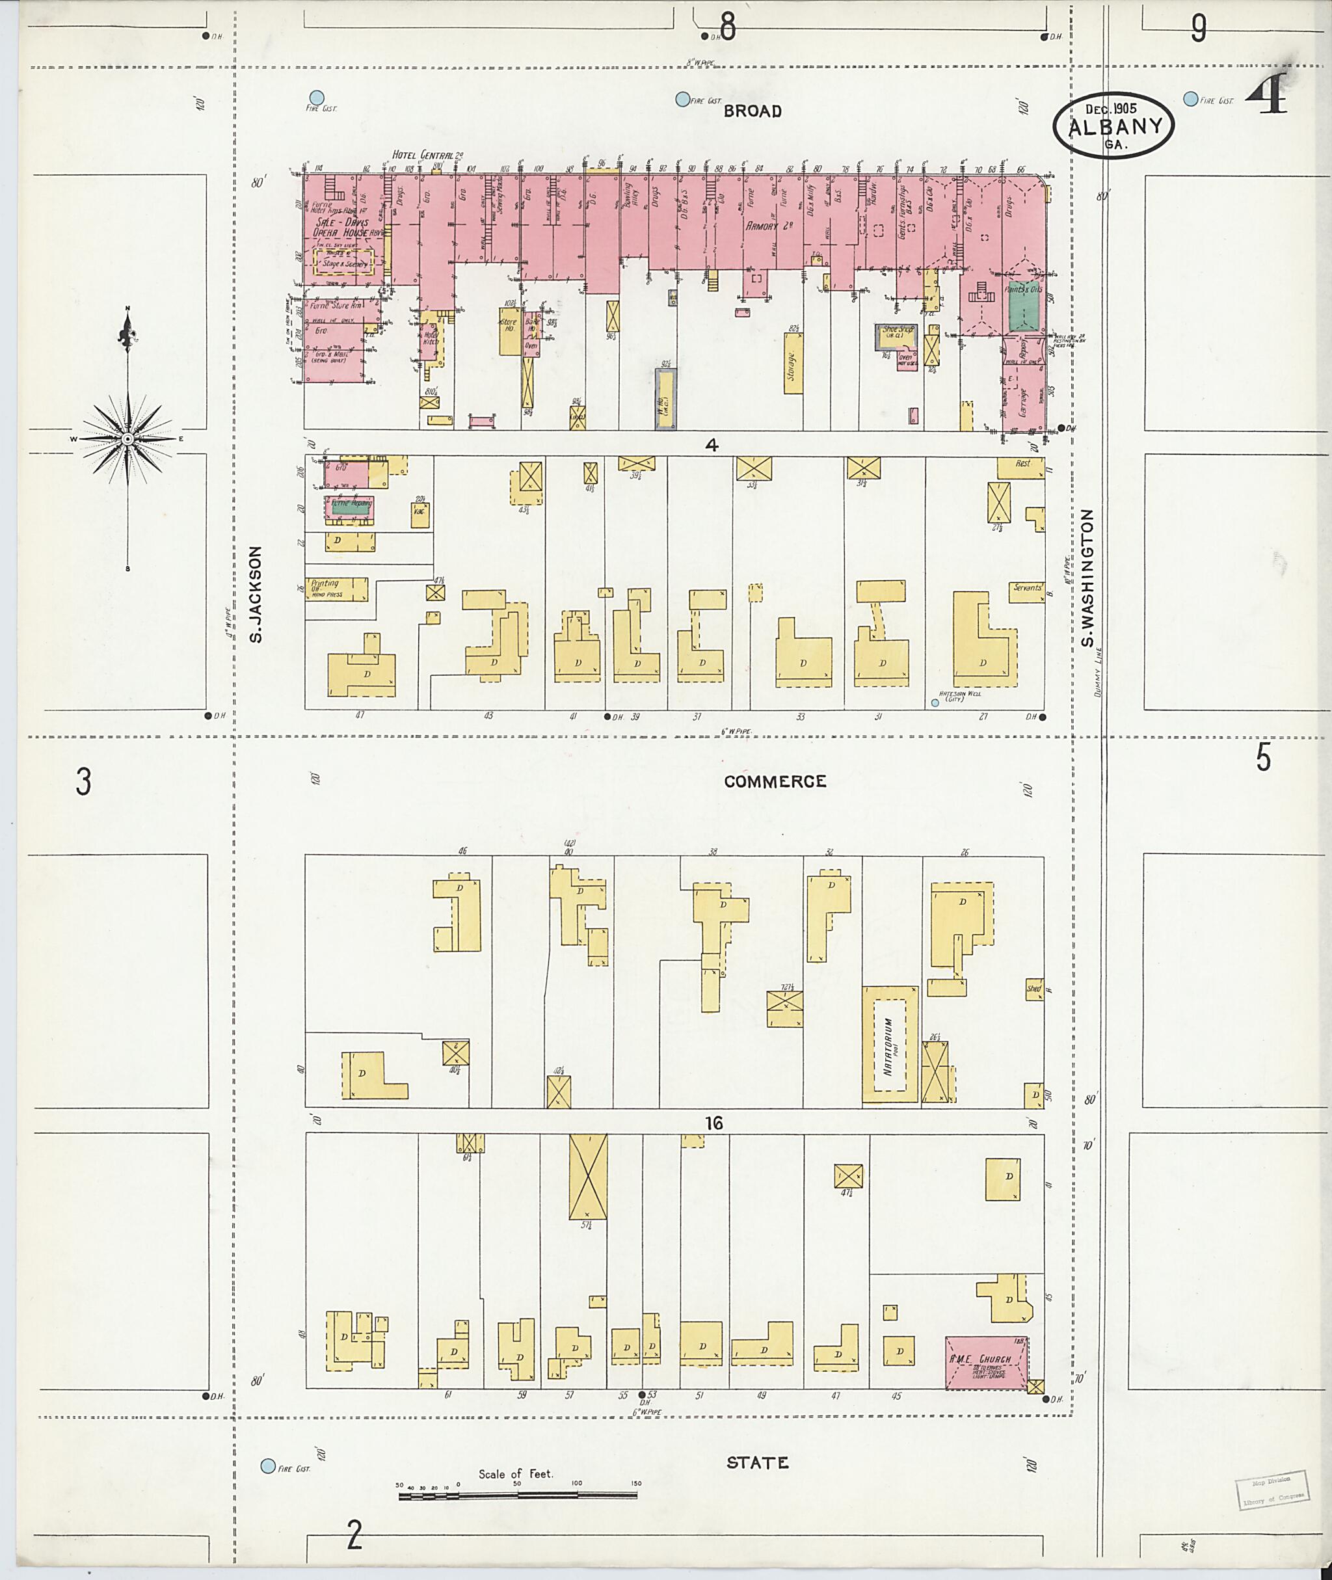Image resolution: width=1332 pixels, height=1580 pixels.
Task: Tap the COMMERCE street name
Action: [x=775, y=782]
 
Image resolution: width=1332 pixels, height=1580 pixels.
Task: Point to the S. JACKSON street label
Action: [x=257, y=595]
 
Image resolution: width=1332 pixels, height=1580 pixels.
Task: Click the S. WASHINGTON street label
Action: [x=1087, y=578]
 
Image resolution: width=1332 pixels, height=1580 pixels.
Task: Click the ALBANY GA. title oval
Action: [x=1113, y=126]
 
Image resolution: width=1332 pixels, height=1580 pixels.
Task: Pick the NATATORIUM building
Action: [x=890, y=1045]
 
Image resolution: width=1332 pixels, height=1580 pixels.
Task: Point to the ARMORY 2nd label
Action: [x=769, y=226]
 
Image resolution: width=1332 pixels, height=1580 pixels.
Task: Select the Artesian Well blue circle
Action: [x=935, y=703]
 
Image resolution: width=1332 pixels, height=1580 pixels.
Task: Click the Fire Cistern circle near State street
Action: [x=267, y=1466]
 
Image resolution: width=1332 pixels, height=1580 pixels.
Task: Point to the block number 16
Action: [x=713, y=1123]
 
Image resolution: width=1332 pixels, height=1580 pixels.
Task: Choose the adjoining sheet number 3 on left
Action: [x=83, y=782]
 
